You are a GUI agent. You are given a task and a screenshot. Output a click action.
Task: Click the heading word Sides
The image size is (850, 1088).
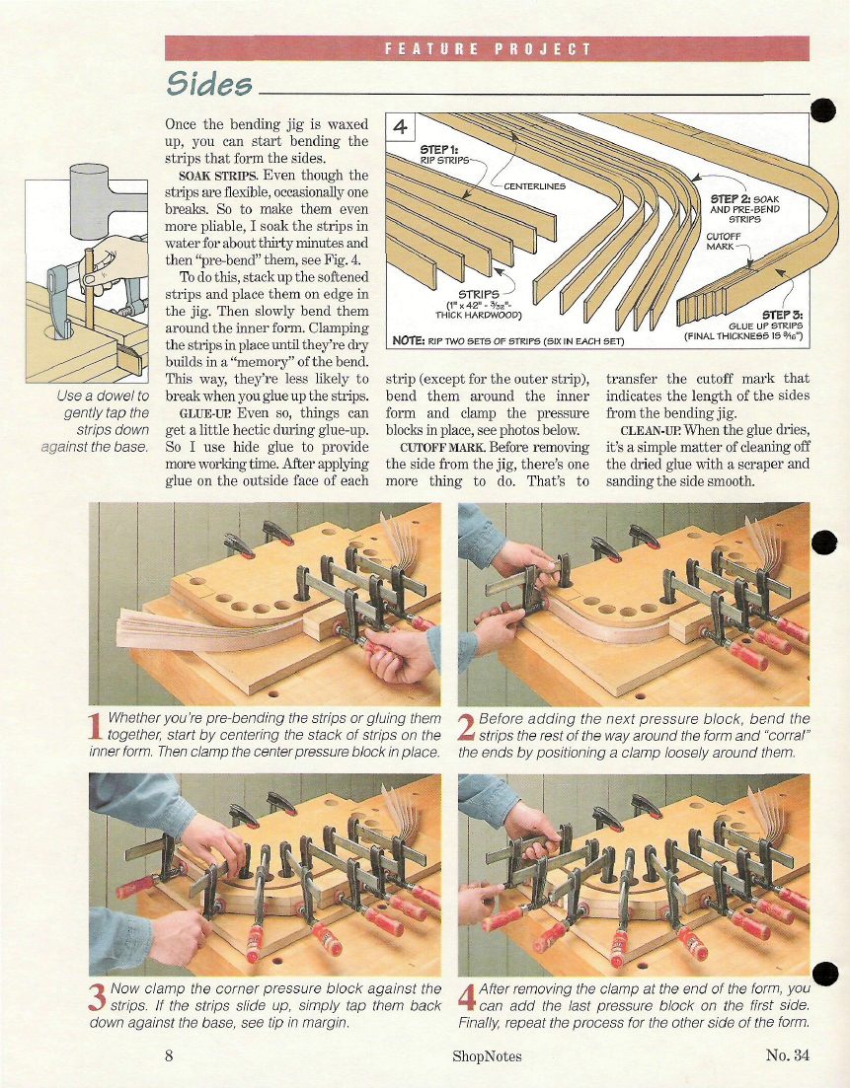[209, 84]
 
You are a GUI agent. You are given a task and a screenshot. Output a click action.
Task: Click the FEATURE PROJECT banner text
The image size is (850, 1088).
[488, 49]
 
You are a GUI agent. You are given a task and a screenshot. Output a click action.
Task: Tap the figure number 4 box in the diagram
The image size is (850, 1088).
[400, 126]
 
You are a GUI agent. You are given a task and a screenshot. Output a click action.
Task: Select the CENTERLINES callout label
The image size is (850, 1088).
[535, 186]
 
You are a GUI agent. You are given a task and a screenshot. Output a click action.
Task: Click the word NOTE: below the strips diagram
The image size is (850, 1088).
[408, 340]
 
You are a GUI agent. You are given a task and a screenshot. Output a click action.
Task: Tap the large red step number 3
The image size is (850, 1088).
[98, 997]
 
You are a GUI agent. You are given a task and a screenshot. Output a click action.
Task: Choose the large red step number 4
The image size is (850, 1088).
[467, 997]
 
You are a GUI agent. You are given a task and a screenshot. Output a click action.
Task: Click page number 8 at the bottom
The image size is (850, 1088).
[169, 1055]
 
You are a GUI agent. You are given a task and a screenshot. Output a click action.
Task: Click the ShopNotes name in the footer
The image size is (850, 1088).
[487, 1056]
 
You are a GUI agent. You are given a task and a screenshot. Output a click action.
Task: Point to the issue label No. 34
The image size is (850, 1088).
[788, 1055]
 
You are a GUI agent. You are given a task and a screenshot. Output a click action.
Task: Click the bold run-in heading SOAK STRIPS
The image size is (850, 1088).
[217, 176]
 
